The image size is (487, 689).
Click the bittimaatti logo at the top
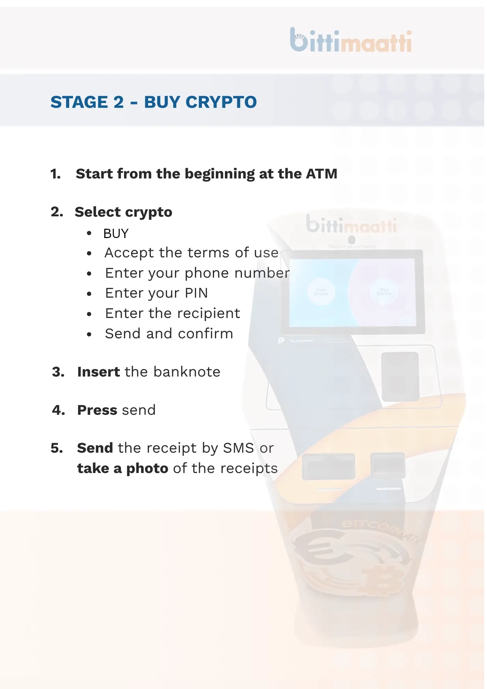point(351,41)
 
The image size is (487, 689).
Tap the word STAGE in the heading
point(79,102)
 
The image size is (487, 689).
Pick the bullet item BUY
point(116,234)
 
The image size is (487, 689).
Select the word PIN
point(196,293)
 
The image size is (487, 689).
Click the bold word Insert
point(99,372)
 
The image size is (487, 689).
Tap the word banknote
point(187,372)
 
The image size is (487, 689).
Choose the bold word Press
point(97,410)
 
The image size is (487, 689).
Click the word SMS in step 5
point(238,448)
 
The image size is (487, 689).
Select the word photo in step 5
point(147,469)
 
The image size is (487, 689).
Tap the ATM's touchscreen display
point(352,292)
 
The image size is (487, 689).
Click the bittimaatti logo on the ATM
point(351,225)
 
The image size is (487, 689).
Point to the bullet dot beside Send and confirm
point(89,334)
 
